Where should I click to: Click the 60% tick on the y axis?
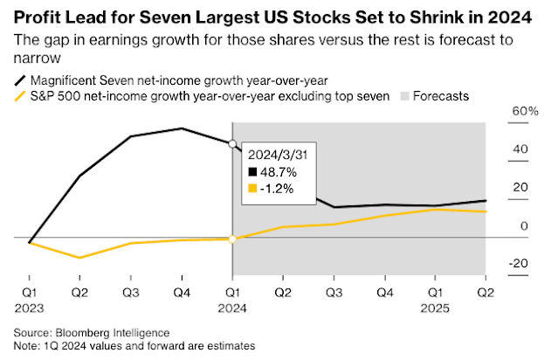(524, 112)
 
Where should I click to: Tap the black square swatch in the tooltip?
(253, 173)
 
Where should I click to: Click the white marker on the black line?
(232, 143)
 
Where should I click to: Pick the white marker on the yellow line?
(232, 239)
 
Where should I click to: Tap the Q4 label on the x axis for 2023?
(181, 292)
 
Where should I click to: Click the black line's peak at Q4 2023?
(181, 128)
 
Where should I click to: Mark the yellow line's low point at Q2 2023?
(79, 258)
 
